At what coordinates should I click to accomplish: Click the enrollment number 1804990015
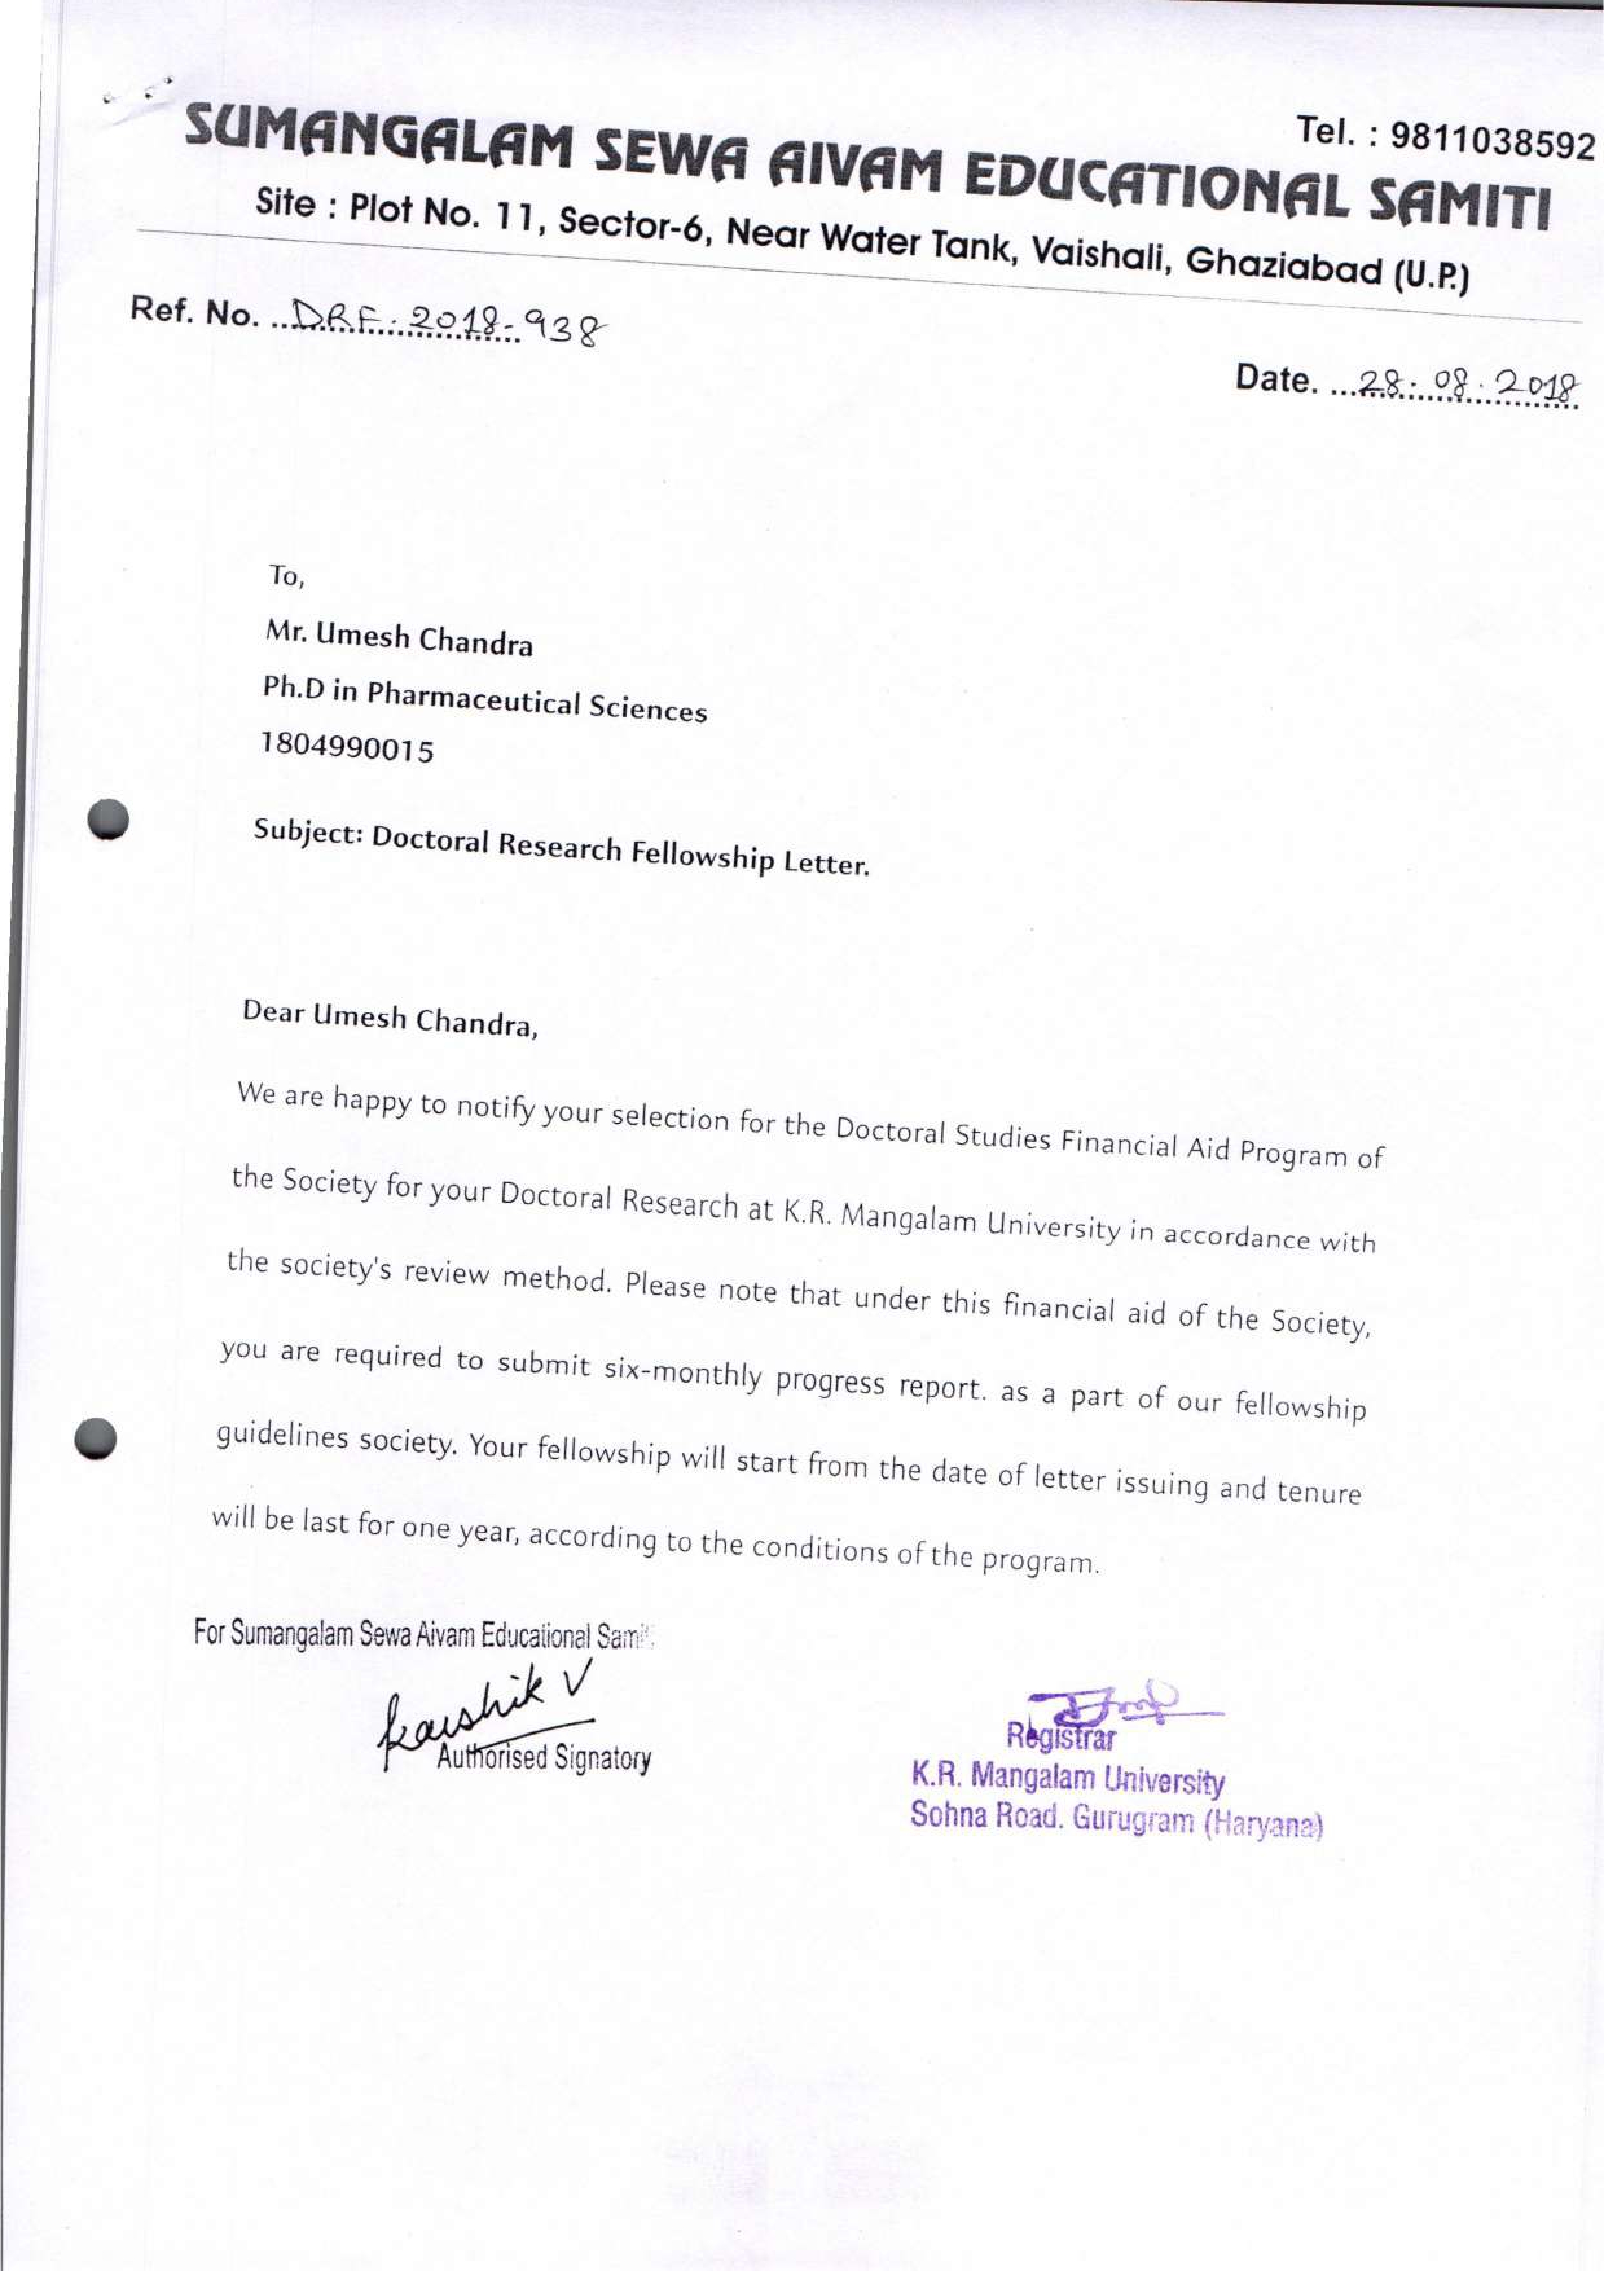pos(347,748)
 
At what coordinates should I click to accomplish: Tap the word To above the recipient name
pos(287,576)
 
